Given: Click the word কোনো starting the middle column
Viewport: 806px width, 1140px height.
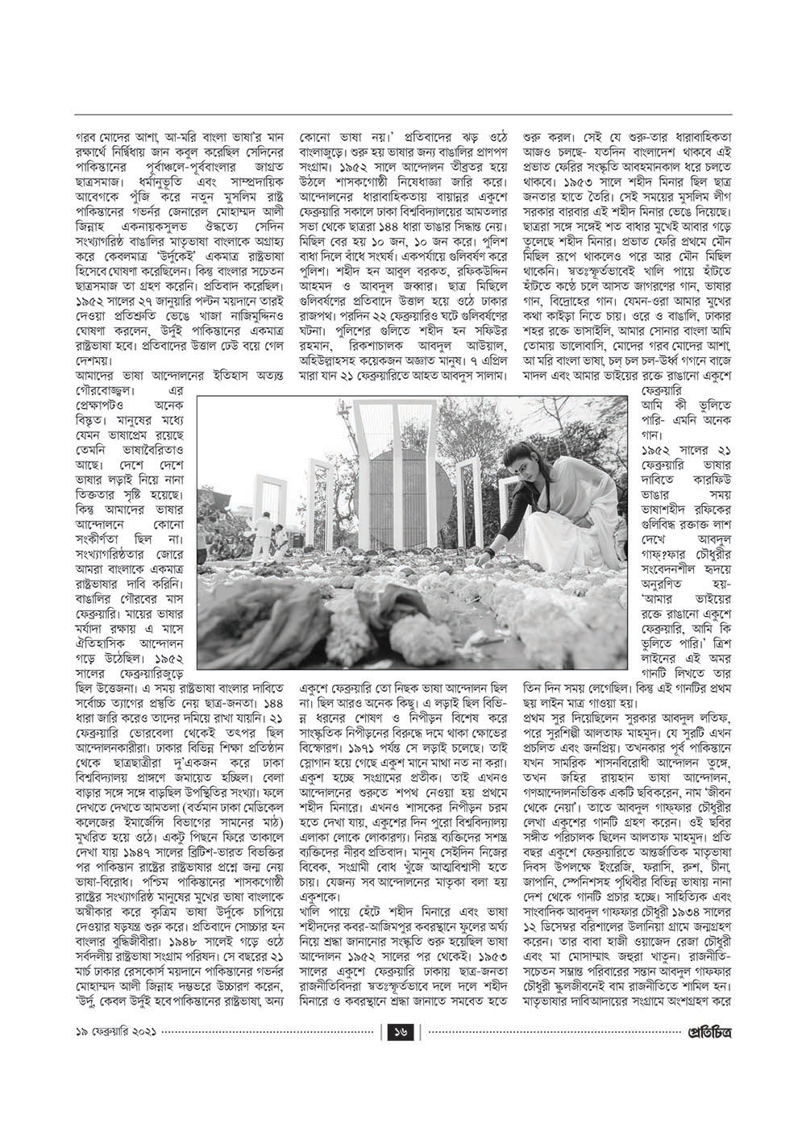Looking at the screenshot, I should click(316, 126).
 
